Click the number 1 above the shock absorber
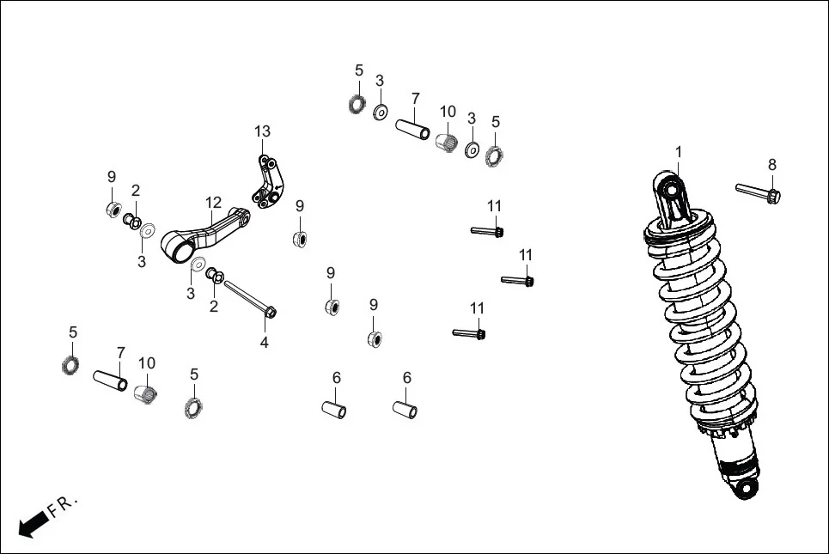click(678, 152)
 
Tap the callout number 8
click(771, 164)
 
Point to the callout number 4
click(265, 343)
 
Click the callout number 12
click(213, 202)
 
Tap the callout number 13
click(262, 131)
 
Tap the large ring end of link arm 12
click(180, 250)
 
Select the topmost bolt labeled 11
click(487, 230)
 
